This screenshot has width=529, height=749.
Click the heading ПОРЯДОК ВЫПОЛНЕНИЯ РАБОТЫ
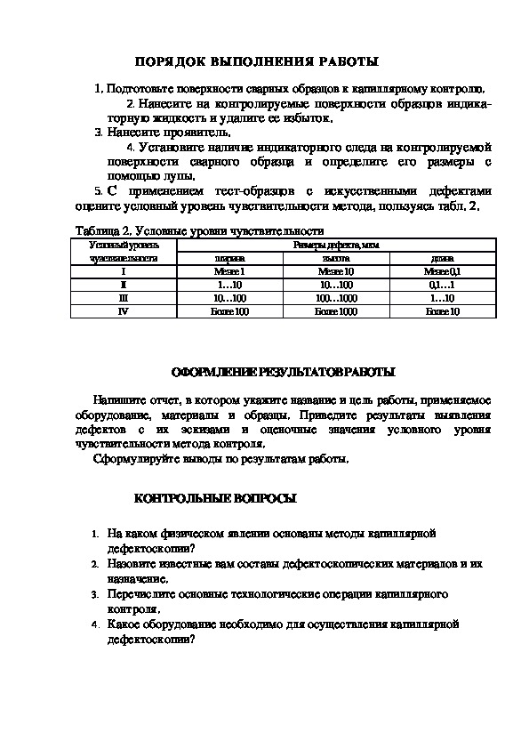point(256,61)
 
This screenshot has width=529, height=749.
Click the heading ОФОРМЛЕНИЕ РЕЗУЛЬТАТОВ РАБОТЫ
point(284,372)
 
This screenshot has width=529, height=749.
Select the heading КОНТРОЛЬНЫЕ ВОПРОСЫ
point(215,500)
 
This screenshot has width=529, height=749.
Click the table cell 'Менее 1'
point(228,271)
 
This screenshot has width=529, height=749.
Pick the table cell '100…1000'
point(336,298)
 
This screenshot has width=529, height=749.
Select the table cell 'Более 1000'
point(336,311)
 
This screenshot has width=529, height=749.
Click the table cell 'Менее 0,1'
point(442,271)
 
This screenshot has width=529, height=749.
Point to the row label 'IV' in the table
point(124,311)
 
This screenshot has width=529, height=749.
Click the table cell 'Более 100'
point(228,311)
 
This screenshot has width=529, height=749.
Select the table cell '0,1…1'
point(442,285)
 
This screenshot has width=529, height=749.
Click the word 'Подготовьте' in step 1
point(134,89)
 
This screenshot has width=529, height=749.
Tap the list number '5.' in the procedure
point(98,191)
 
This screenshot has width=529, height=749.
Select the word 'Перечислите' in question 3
point(138,592)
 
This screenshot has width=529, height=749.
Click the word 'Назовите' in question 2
point(130,564)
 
